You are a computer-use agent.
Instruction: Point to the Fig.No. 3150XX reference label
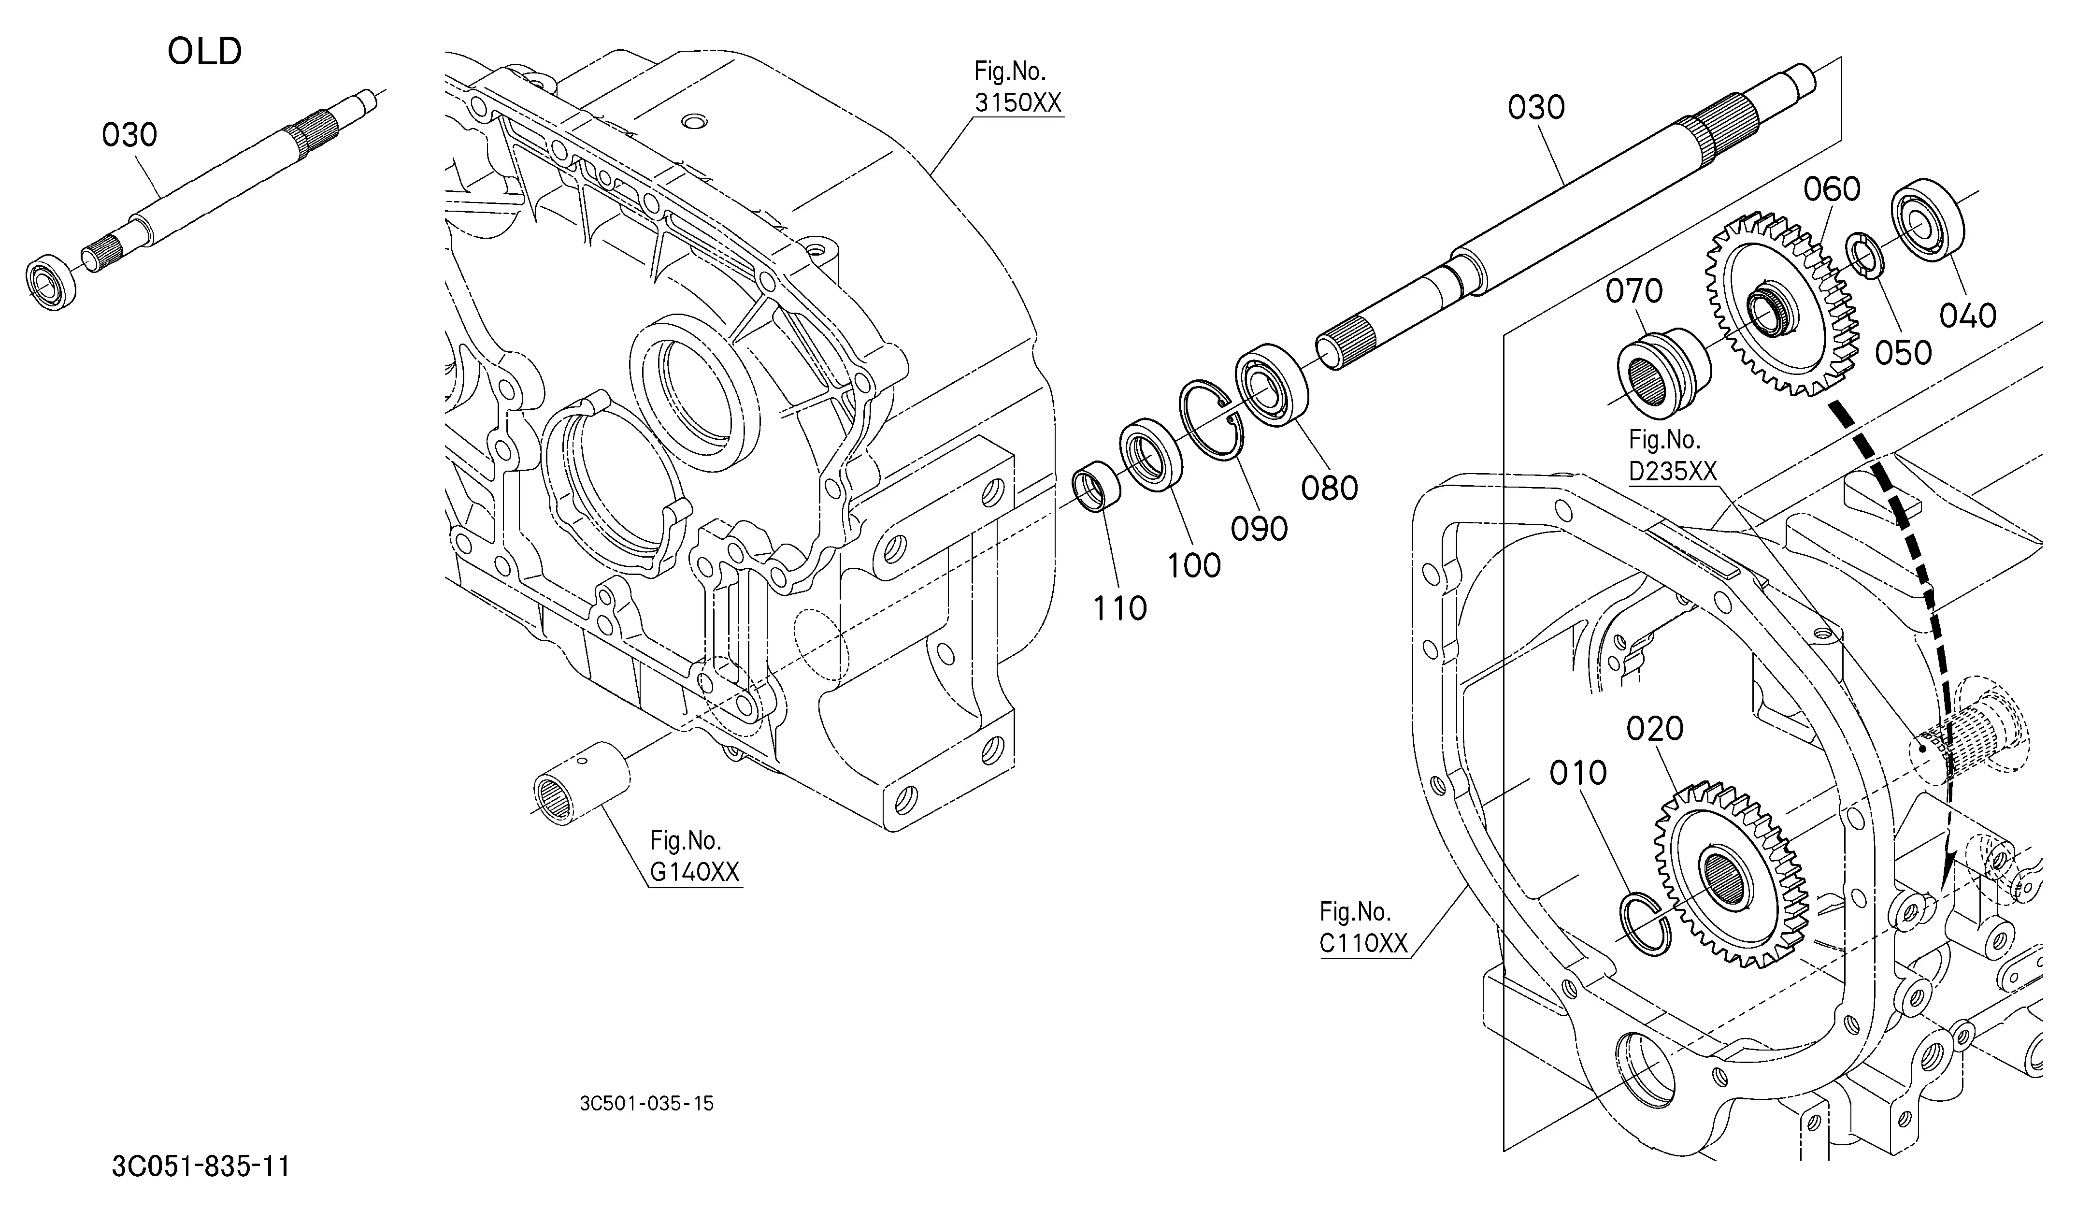1018,87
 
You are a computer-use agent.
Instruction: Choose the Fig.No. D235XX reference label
1672,455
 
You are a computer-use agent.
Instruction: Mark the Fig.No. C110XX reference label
1363,927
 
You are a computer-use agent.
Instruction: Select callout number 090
1260,528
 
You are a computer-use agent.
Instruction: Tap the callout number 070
1634,291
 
